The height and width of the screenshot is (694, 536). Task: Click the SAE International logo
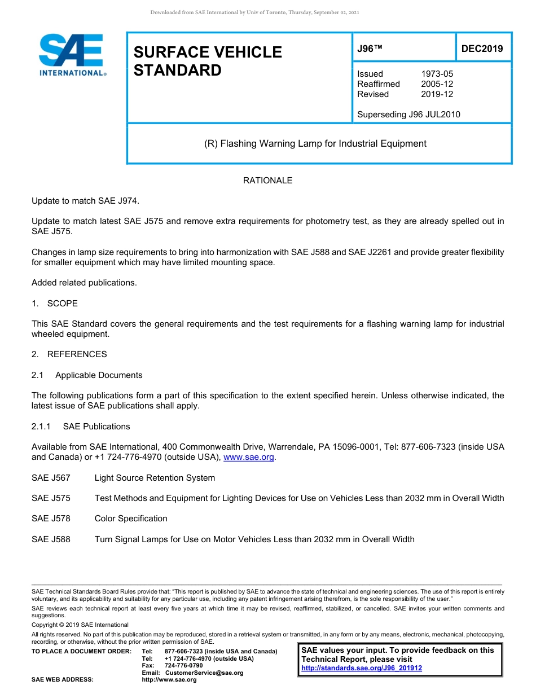(72, 55)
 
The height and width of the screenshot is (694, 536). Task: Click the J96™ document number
(370, 49)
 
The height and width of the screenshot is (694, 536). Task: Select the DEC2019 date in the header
(482, 49)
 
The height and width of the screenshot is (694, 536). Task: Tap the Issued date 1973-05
(437, 74)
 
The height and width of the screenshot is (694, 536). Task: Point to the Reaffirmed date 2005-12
(437, 84)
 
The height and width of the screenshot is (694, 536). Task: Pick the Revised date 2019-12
(437, 94)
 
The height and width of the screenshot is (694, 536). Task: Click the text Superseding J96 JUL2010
(408, 115)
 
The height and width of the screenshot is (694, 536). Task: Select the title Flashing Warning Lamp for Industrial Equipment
(315, 143)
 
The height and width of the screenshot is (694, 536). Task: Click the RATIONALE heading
(267, 181)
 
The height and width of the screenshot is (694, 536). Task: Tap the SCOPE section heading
(62, 304)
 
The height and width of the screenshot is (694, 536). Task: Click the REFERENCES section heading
(77, 354)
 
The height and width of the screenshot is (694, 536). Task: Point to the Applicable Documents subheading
(99, 375)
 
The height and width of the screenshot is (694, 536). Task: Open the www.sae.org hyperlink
(248, 458)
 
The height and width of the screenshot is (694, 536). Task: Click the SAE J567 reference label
(51, 478)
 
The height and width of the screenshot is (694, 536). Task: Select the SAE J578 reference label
(51, 519)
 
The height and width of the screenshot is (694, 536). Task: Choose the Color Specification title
(131, 519)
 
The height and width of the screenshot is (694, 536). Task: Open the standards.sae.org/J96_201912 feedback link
(362, 668)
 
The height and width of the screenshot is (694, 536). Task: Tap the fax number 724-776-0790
(183, 666)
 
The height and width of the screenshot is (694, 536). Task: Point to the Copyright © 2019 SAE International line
(80, 625)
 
